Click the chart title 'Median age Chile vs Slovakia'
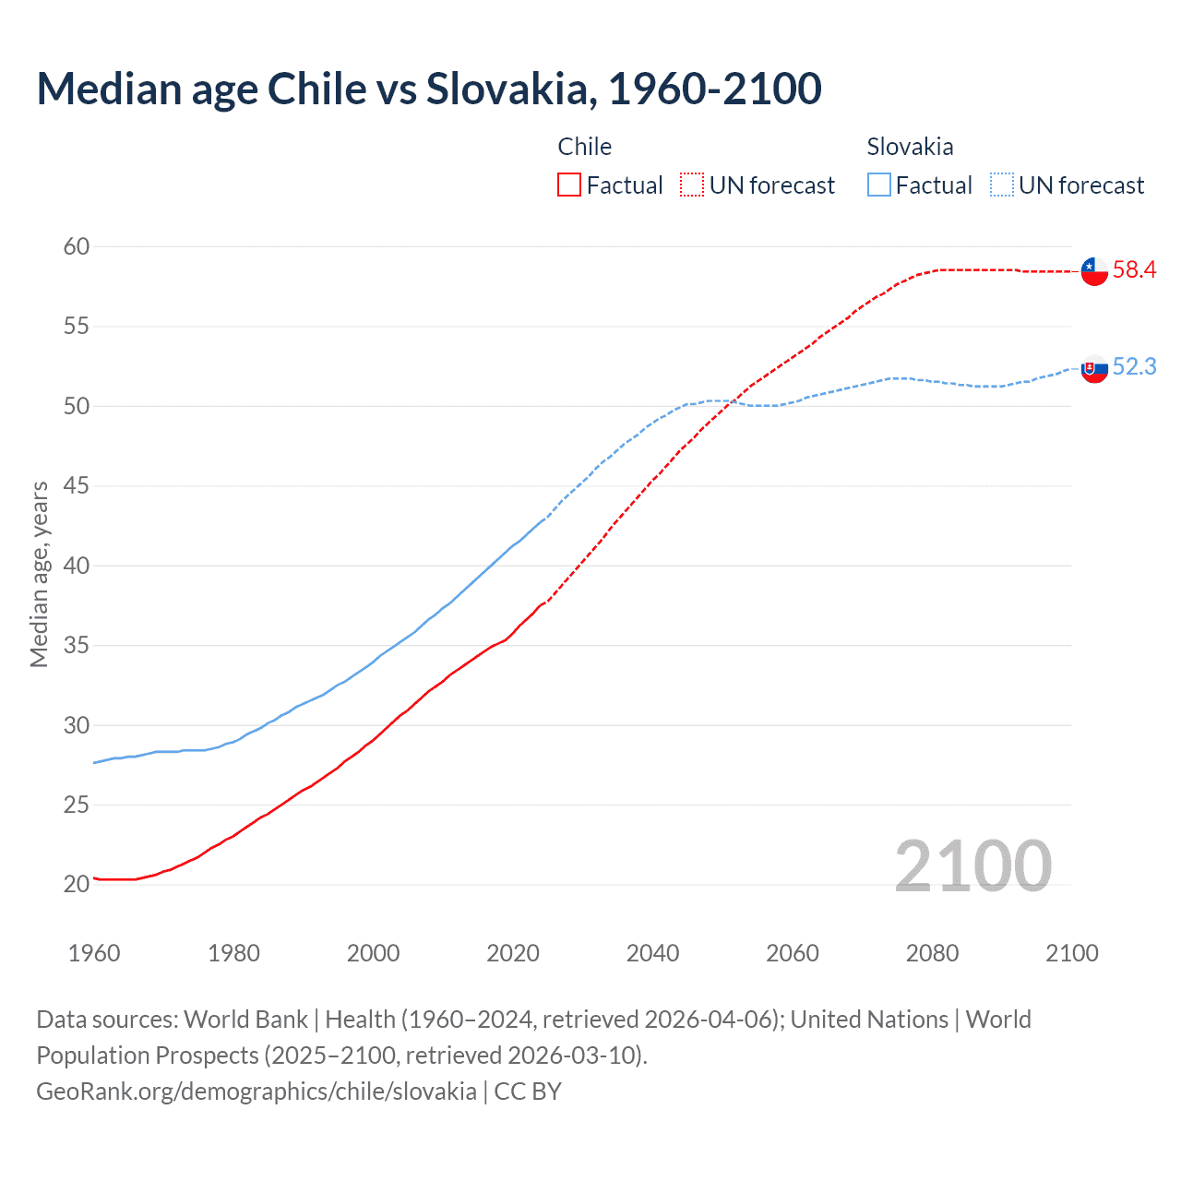[x=428, y=89]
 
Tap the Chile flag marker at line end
[x=1094, y=271]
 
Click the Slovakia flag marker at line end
[x=1094, y=368]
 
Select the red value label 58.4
[x=1134, y=269]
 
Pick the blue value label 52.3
[x=1134, y=366]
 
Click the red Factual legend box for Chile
[x=569, y=185]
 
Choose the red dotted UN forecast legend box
[x=692, y=185]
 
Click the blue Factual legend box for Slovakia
[x=879, y=185]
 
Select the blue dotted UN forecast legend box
[x=1002, y=185]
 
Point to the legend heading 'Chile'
[x=584, y=147]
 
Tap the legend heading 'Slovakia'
[x=910, y=147]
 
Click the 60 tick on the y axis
[x=77, y=246]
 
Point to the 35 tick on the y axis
[x=77, y=645]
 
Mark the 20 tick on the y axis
[x=77, y=884]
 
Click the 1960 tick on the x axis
[x=94, y=953]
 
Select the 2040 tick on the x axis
[x=652, y=953]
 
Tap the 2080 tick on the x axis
[x=932, y=953]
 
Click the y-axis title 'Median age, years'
[x=39, y=574]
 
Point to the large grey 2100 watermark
[x=972, y=865]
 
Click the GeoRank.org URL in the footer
[x=256, y=1092]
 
